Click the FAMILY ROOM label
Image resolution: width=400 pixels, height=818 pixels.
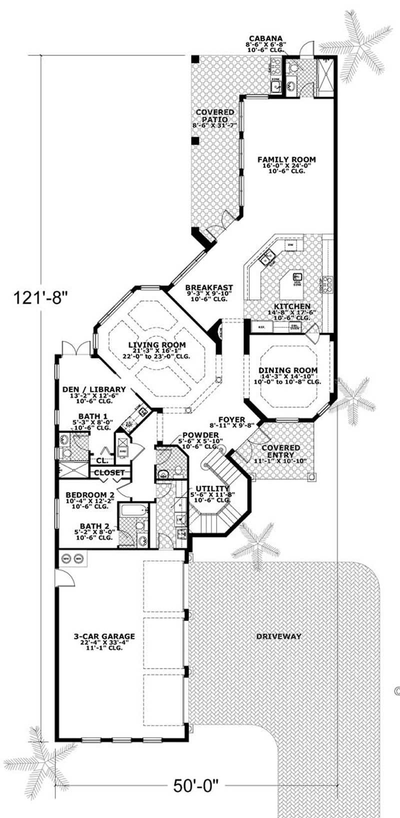coord(286,159)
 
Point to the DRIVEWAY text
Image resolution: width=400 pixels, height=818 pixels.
coord(278,636)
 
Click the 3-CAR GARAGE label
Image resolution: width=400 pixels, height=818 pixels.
coord(104,636)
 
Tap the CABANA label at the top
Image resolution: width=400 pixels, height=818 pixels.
coord(265,38)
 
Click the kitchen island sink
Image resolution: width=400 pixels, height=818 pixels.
coord(298,276)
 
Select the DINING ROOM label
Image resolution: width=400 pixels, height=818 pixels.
coord(287,370)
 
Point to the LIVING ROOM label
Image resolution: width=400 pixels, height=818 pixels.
coord(157,345)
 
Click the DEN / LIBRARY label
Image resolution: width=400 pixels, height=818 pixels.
coord(93,389)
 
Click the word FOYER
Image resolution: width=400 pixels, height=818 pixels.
coord(231,419)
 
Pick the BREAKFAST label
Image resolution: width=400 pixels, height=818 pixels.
coord(208,287)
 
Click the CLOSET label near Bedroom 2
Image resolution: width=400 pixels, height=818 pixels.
coord(109,472)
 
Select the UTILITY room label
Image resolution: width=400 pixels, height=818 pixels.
coord(212,488)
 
